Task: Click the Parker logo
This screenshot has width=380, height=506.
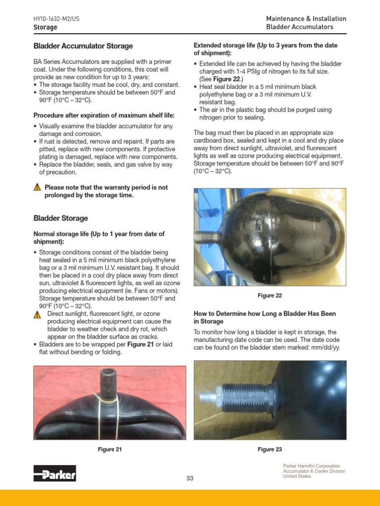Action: (x=54, y=473)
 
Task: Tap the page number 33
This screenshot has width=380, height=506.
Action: (x=190, y=478)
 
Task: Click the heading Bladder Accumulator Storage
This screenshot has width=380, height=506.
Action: (x=83, y=46)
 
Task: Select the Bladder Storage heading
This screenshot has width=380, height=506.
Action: (x=60, y=218)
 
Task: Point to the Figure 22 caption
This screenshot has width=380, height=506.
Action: (x=270, y=295)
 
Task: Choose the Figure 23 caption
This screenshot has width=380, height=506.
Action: (x=270, y=449)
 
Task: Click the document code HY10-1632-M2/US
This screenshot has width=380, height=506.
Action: (x=56, y=19)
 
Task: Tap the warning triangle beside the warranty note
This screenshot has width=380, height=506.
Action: (x=37, y=188)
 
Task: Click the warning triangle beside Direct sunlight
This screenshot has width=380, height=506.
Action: (x=37, y=315)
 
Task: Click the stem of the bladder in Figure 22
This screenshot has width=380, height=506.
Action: (x=206, y=237)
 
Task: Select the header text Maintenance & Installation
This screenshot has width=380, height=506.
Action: (x=306, y=19)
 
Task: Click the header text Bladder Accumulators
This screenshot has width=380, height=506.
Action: (x=299, y=27)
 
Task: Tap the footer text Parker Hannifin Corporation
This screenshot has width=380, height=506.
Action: (x=311, y=466)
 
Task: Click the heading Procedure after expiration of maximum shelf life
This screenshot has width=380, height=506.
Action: (x=104, y=115)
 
